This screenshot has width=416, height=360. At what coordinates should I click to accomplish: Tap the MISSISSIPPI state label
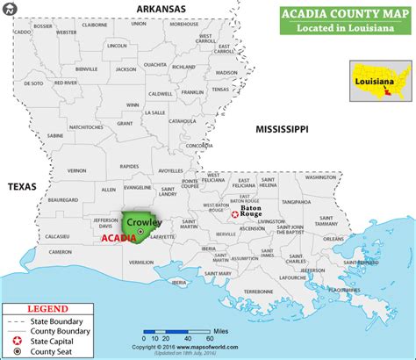coord(282,129)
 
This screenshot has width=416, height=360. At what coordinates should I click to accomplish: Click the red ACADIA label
coord(118,238)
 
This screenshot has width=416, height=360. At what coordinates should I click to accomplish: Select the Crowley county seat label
coord(144,222)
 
